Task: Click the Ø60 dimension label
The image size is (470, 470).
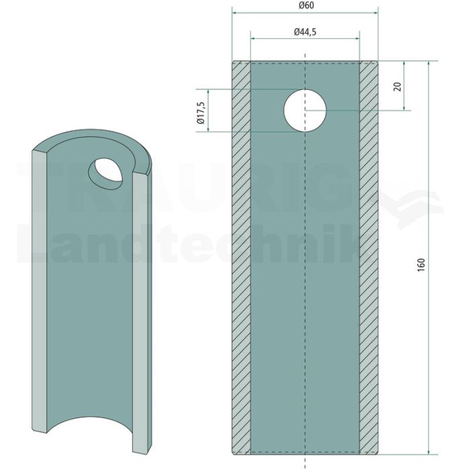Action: point(306,5)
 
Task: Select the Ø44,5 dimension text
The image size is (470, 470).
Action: point(305,32)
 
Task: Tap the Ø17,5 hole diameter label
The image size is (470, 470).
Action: point(201,113)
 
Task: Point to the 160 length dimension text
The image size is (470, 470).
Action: point(421,265)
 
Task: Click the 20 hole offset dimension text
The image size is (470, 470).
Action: point(397,87)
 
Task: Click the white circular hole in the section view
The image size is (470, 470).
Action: point(305,110)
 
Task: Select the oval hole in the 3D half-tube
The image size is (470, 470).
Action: point(105,174)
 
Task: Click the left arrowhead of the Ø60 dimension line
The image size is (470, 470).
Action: point(235,13)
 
